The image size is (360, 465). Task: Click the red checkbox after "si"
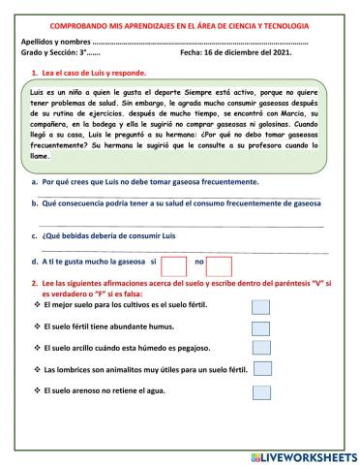[173, 264]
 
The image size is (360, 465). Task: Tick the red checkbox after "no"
[220, 264]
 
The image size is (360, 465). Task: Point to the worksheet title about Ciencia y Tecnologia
[180, 26]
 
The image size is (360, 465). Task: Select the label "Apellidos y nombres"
[57, 42]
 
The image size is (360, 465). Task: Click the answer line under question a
[184, 197]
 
